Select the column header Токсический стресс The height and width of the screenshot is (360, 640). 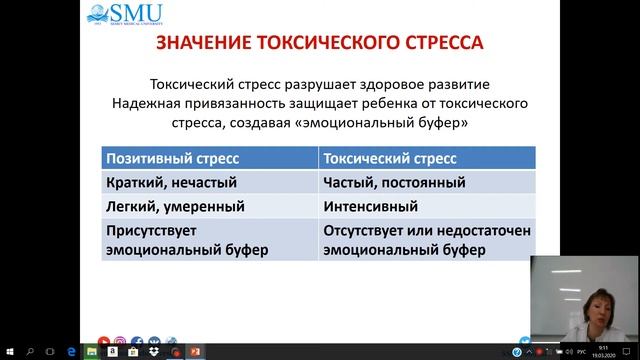pos(390,158)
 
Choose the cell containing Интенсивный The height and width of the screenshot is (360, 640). pos(369,207)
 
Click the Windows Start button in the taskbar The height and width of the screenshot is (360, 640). pos(8,352)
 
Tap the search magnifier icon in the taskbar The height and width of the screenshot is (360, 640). pos(30,352)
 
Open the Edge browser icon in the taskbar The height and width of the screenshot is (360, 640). pos(74,352)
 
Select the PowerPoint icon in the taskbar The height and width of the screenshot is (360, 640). pos(196,352)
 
